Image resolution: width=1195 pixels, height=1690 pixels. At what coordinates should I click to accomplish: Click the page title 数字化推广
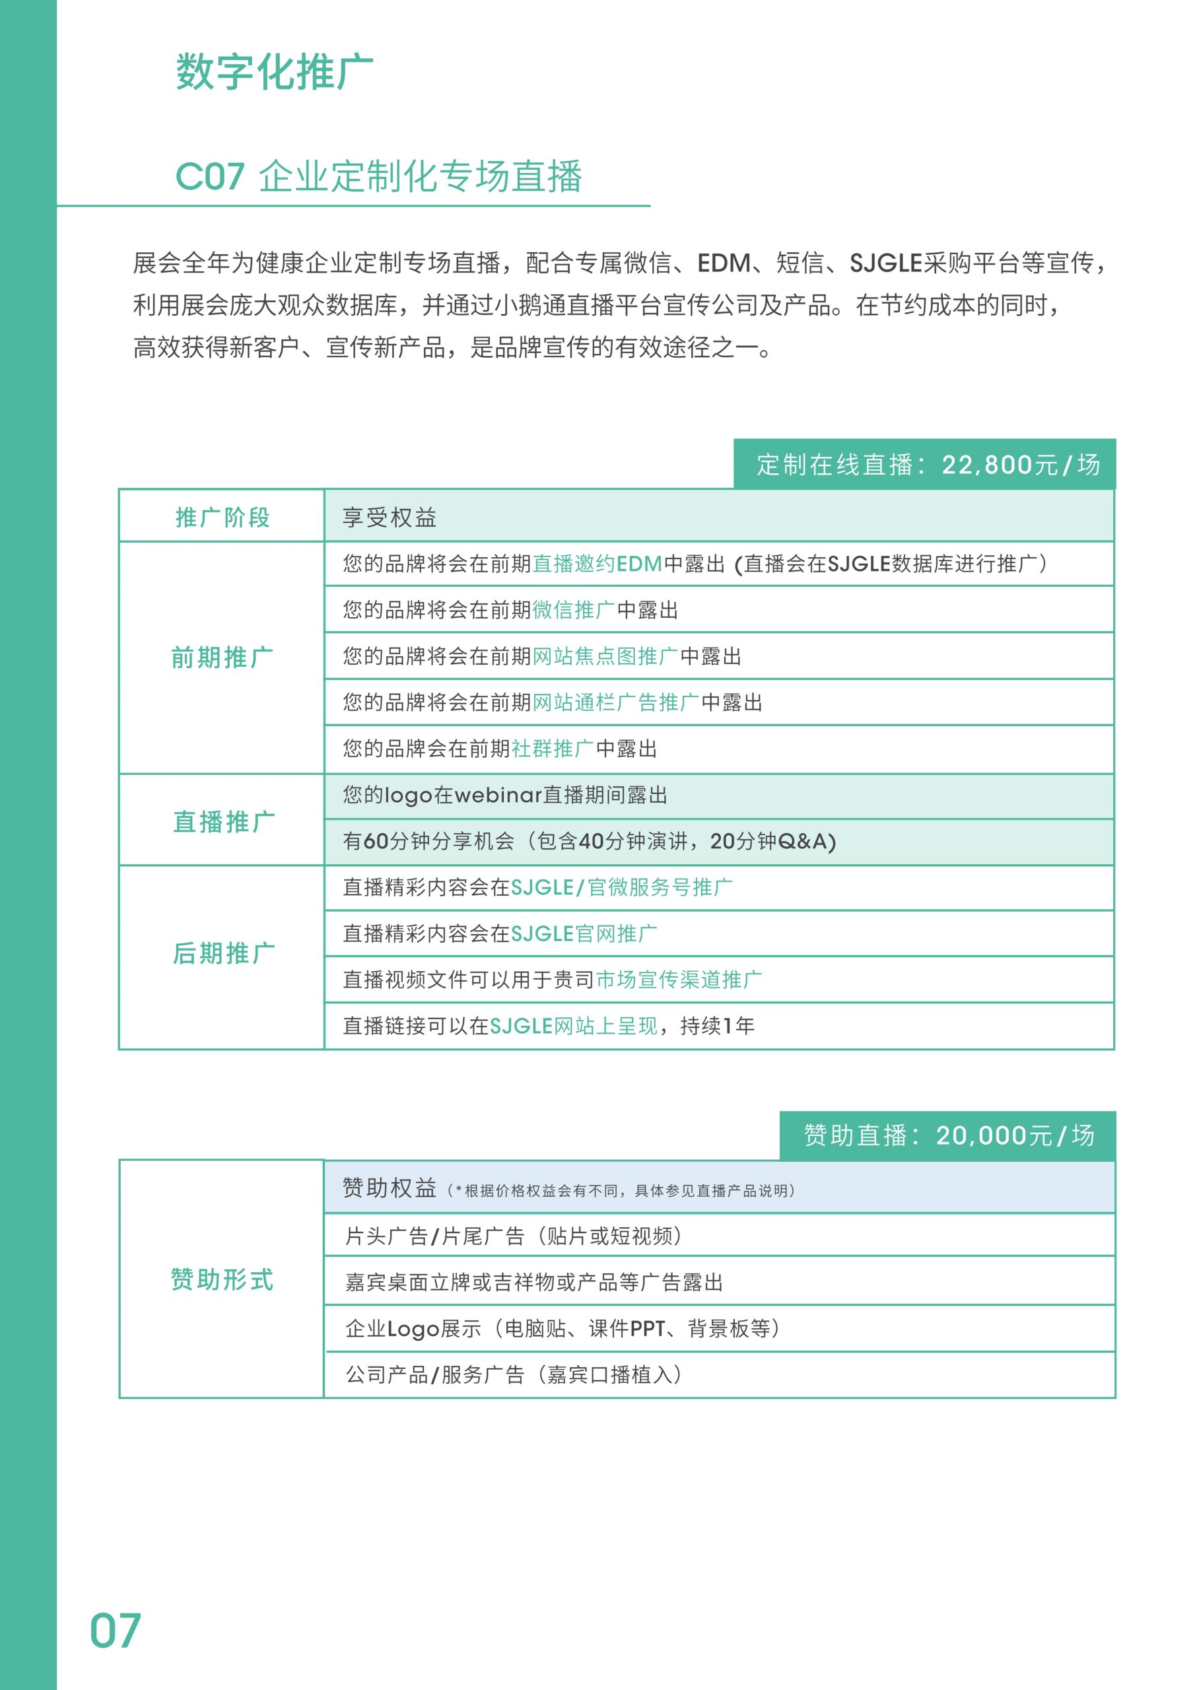click(274, 72)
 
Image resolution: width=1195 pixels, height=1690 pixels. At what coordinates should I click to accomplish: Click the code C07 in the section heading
click(210, 177)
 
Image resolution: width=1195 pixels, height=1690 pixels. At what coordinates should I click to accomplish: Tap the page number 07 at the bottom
click(115, 1631)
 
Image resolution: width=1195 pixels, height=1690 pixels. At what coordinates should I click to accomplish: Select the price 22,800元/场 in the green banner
click(1021, 465)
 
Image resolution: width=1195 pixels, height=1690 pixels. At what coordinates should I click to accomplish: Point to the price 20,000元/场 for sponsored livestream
click(1015, 1135)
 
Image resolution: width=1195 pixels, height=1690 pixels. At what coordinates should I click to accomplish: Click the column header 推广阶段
click(222, 518)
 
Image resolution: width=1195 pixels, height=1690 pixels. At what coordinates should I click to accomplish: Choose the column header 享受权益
click(390, 518)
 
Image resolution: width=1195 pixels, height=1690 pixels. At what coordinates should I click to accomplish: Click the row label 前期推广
click(222, 658)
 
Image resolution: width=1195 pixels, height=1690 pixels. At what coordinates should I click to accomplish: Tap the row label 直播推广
click(224, 821)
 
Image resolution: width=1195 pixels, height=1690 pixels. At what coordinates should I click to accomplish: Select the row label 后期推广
click(224, 953)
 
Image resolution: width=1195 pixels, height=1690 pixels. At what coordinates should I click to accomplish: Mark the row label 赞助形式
click(222, 1279)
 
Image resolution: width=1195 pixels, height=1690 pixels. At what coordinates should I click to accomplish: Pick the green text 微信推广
click(574, 610)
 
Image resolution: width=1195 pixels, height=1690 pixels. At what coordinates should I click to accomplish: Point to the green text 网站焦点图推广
click(605, 657)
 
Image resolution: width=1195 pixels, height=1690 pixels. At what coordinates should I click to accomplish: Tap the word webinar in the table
click(498, 795)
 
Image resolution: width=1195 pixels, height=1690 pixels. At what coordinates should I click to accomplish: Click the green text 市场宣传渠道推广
click(679, 980)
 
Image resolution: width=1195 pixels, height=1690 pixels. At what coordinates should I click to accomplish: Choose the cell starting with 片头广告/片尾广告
click(514, 1236)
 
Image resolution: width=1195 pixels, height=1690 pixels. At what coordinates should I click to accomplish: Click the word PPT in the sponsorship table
click(647, 1329)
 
